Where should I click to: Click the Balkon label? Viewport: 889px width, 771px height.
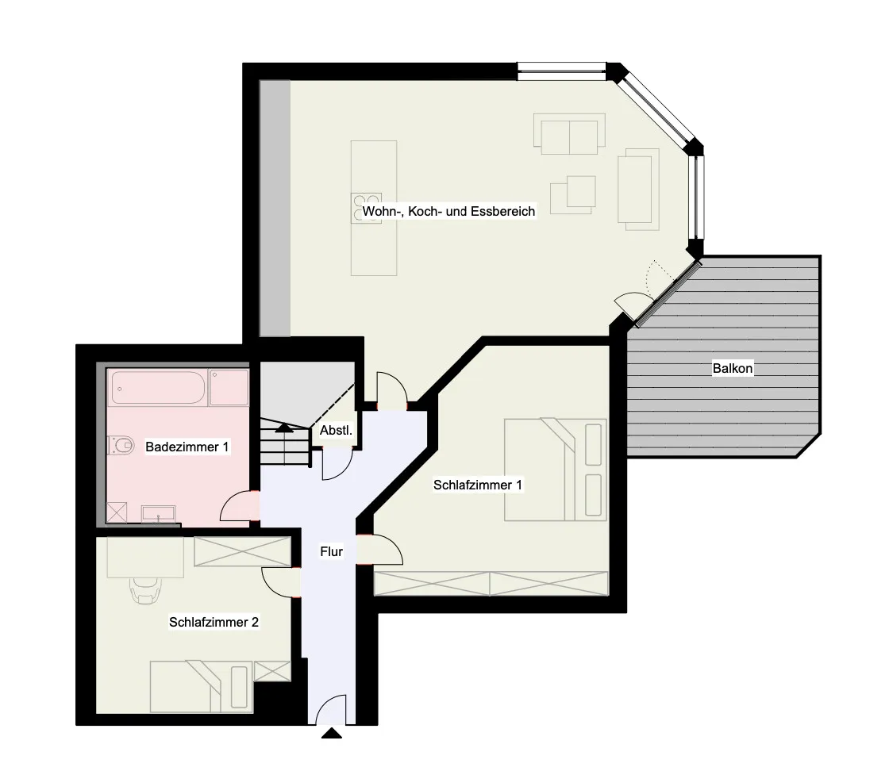(x=732, y=369)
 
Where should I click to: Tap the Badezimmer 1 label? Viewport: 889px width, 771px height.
(x=187, y=447)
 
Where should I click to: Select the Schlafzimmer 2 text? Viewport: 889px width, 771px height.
(x=214, y=623)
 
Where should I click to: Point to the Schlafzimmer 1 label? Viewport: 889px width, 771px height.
(x=478, y=485)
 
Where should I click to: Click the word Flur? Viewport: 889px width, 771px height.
(x=331, y=551)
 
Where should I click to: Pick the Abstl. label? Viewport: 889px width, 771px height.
(x=336, y=432)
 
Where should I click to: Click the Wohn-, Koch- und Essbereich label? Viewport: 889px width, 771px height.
(x=448, y=212)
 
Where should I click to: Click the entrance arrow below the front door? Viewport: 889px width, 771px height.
(x=331, y=734)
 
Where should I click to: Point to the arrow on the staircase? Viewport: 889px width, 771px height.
(x=283, y=428)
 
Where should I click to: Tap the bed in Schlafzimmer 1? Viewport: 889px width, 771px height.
(x=555, y=470)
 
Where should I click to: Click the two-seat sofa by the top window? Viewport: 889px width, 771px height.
(x=569, y=135)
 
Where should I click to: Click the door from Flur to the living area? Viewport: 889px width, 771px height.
(x=392, y=391)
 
